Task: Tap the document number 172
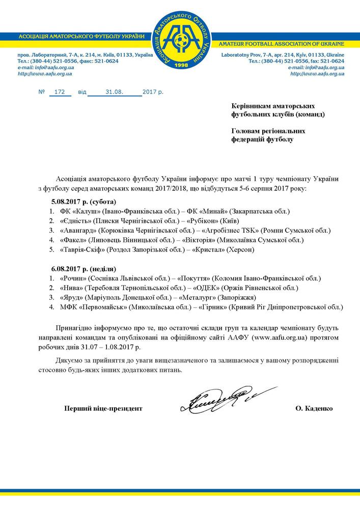click(60, 92)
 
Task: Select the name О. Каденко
click(314, 408)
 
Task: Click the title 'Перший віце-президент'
click(103, 408)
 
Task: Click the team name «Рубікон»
click(204, 220)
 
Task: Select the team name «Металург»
click(206, 298)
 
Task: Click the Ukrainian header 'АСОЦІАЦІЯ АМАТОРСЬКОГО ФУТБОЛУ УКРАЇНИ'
click(81, 38)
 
